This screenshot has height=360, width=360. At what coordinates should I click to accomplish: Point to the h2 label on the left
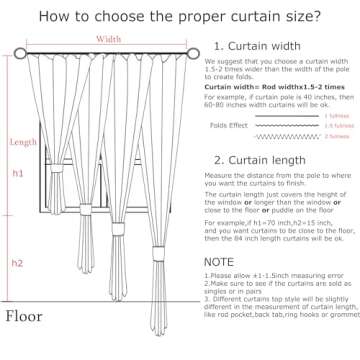click(x=17, y=263)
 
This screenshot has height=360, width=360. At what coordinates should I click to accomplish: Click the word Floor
click(x=24, y=320)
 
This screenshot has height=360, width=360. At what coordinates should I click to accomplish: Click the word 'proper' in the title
click(x=167, y=17)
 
